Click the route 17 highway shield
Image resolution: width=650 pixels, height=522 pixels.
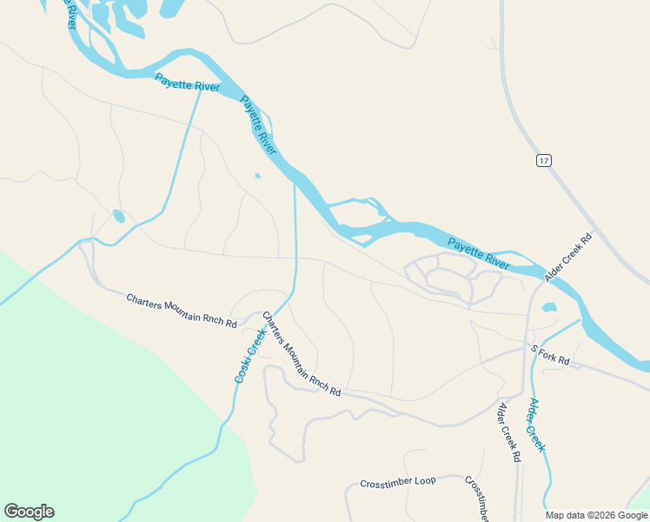coord(544,161)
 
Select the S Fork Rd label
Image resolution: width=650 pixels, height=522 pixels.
coord(550,354)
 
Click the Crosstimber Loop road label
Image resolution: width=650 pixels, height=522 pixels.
coord(398,481)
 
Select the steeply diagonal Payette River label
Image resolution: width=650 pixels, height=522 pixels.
coord(259,125)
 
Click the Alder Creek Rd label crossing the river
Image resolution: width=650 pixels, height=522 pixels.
coord(568,256)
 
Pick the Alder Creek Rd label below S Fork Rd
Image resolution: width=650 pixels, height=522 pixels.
coord(508,432)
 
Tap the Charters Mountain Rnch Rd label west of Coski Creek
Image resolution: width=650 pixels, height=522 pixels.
coord(181,311)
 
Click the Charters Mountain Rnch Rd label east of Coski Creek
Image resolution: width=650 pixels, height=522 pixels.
coord(302,355)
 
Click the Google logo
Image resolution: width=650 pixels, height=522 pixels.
coord(29,512)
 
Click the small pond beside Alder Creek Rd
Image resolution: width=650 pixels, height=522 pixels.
coord(548,307)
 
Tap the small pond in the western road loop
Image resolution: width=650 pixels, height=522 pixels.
coord(118,216)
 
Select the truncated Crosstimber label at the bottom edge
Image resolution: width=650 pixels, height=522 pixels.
coord(479,499)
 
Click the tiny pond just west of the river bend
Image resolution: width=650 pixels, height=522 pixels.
coord(257,177)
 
